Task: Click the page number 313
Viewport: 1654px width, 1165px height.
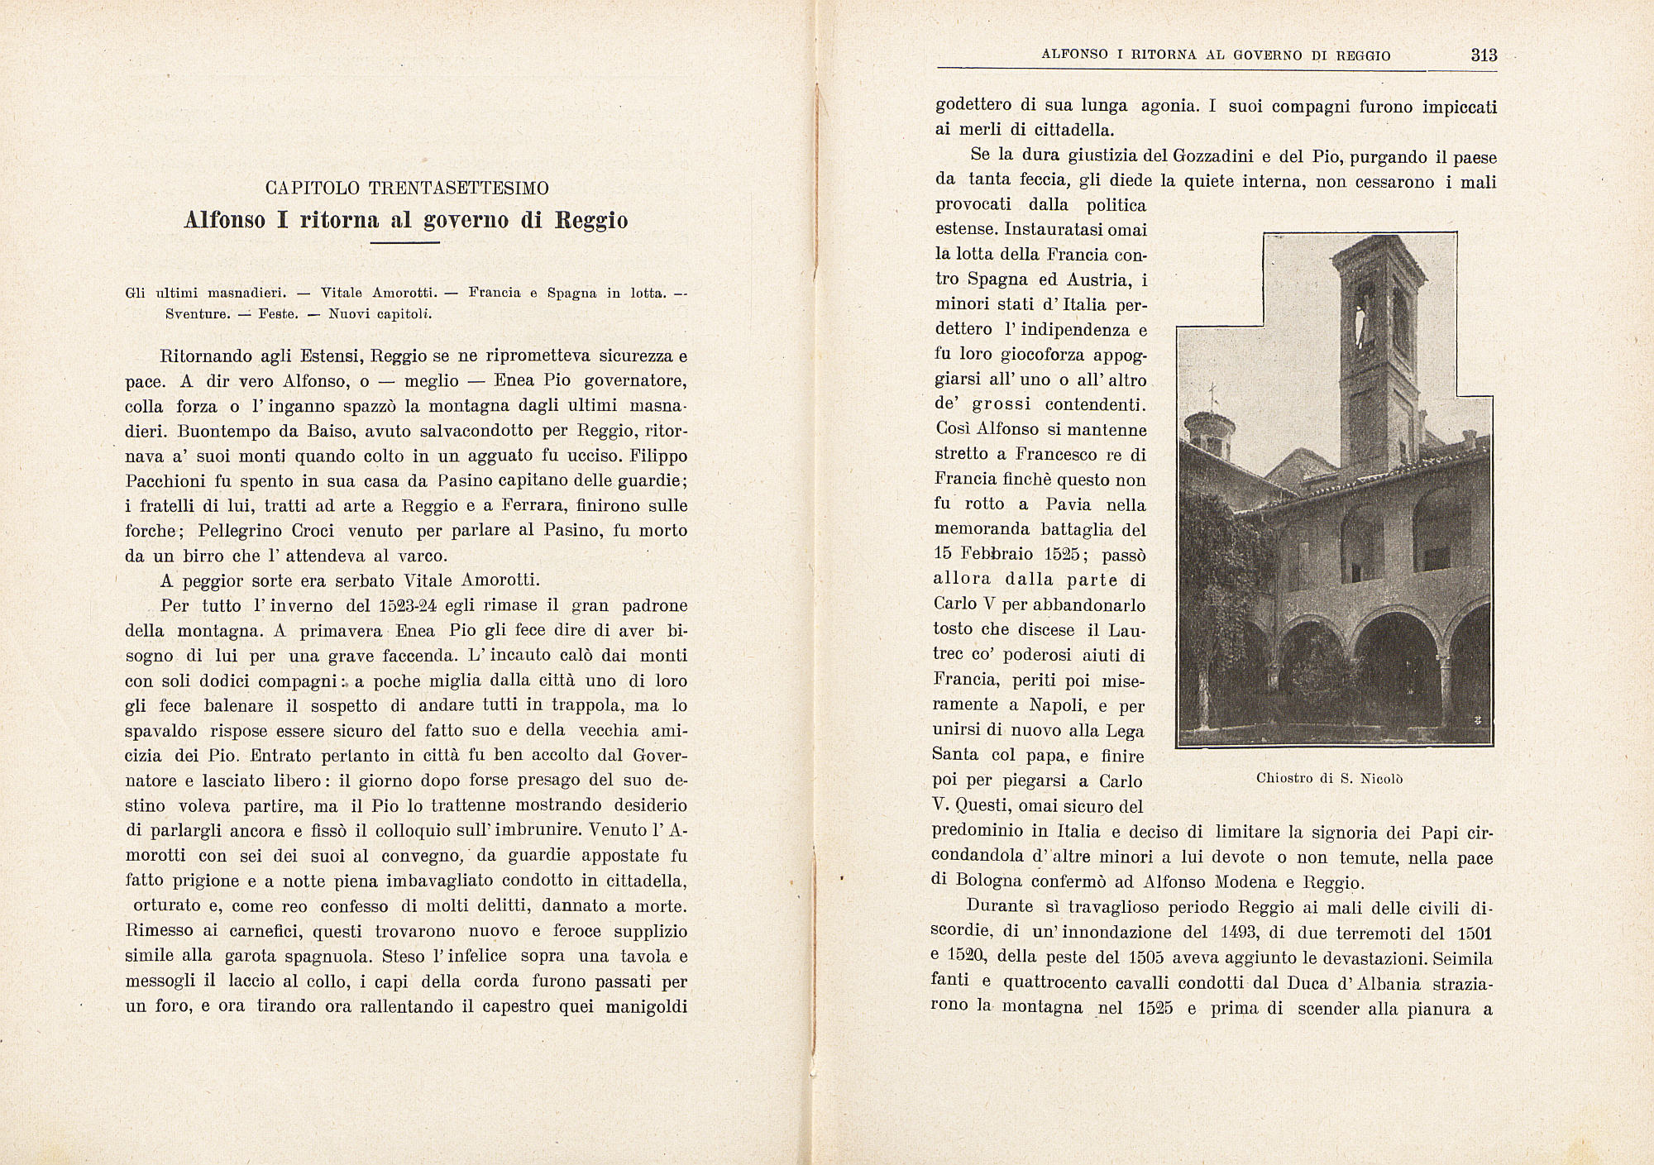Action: tap(1484, 55)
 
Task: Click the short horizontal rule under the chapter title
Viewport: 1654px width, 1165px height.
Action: tap(404, 243)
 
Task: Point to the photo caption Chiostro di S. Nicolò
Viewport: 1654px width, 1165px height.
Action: tap(1329, 778)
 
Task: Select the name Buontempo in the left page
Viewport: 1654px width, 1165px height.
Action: tap(220, 432)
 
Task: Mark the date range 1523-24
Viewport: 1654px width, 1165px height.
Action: tap(409, 606)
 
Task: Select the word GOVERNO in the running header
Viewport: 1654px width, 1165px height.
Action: tap(1270, 55)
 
